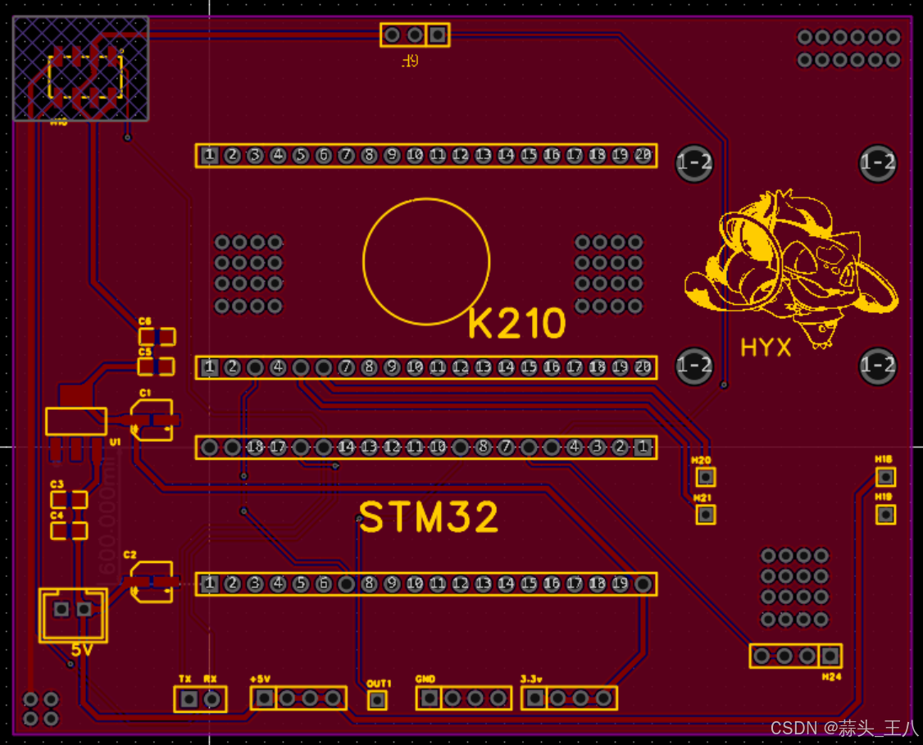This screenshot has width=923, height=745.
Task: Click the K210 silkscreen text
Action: (517, 325)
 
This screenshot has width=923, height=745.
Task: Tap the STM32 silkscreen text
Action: (429, 518)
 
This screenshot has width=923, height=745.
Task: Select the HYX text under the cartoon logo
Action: (766, 348)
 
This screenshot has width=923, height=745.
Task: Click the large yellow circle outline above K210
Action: (426, 261)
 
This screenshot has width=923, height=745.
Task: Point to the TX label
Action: (185, 679)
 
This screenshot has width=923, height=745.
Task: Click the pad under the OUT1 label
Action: (377, 700)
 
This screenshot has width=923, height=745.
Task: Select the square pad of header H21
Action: (705, 515)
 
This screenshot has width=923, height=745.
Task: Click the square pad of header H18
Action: (885, 477)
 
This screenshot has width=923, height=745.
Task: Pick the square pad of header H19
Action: (885, 515)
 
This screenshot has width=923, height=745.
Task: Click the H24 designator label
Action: (831, 677)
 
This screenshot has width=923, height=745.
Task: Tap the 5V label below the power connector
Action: (82, 650)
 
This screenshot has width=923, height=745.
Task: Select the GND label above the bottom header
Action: (425, 679)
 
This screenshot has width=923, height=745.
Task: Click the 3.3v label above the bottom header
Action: (531, 679)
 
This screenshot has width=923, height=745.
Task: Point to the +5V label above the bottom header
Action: (260, 679)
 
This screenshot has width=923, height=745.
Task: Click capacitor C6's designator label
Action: (145, 322)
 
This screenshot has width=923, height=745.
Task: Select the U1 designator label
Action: (115, 442)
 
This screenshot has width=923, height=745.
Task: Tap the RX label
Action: (211, 679)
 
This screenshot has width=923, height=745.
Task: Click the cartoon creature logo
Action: (791, 262)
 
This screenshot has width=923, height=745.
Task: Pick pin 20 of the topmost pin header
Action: (643, 155)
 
